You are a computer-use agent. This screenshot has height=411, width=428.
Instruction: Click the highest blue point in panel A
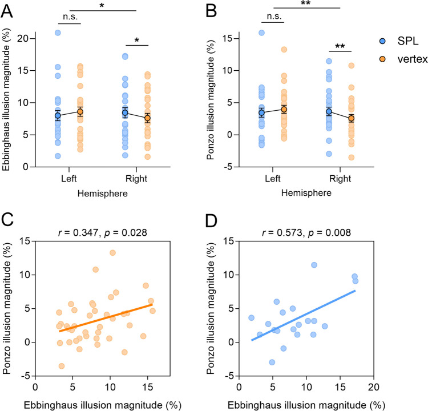58,33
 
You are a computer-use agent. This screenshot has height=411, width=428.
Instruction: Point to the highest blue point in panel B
261,33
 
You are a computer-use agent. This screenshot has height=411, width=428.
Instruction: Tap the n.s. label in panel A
68,18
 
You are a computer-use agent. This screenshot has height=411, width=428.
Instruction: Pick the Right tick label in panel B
340,178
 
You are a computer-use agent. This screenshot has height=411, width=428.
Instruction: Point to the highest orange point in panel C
112,253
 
